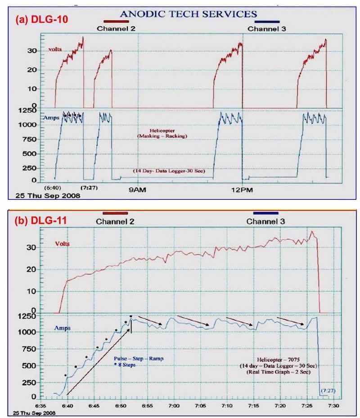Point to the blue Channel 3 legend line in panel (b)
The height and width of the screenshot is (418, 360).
pyautogui.click(x=266, y=213)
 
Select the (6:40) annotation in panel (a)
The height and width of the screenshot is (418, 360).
pyautogui.click(x=53, y=186)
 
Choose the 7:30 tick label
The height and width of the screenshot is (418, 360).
pyautogui.click(x=333, y=405)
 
